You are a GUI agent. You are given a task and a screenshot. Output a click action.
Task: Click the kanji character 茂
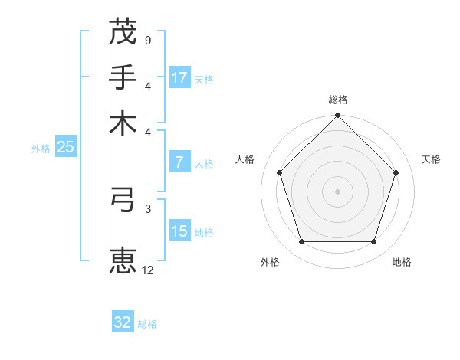pos(123,32)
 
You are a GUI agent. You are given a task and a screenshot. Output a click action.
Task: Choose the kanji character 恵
pos(123,259)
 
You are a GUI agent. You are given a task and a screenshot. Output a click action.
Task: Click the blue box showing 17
pos(179,78)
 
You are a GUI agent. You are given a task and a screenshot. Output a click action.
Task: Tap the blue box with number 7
pos(179,162)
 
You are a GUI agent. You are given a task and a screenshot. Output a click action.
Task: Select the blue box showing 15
pos(179,231)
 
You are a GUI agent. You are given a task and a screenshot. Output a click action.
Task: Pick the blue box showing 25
pos(65,148)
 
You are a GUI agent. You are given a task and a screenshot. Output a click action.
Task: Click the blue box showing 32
pos(123,322)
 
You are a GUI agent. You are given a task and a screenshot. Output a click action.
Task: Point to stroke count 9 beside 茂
pos(147,39)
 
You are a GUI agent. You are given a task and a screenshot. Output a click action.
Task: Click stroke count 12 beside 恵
pos(147,270)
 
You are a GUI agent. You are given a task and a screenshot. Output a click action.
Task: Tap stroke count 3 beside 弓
pos(147,208)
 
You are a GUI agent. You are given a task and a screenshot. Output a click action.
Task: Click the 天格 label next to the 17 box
pos(204,79)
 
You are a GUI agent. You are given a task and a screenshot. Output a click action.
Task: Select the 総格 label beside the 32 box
pos(147,324)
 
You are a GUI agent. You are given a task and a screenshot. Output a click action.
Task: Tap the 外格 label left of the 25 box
pos(41,149)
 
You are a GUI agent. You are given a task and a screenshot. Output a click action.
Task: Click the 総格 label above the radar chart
pos(338,100)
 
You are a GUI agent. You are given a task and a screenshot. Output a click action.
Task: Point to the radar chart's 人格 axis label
pos(245,159)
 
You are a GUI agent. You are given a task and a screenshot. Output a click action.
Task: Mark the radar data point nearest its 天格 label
pos(396,172)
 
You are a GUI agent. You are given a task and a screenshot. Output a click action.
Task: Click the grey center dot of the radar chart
pos(337,191)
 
